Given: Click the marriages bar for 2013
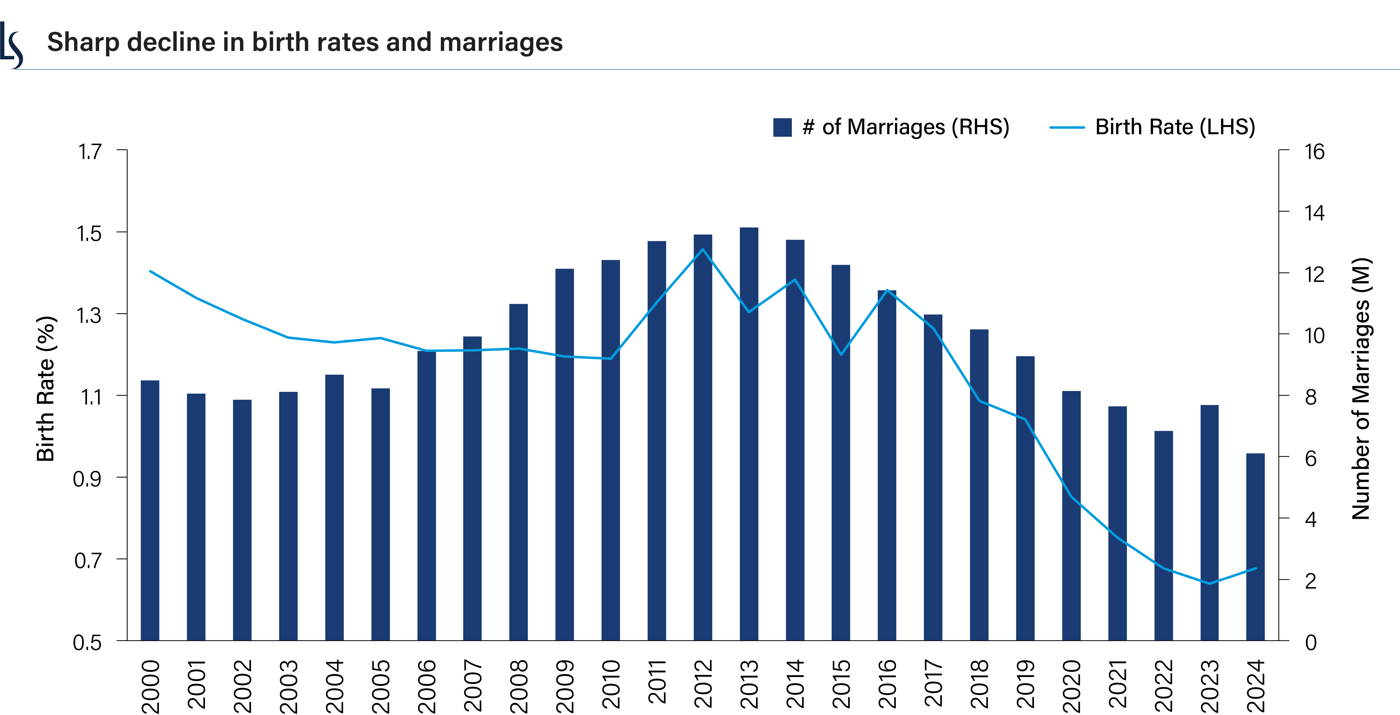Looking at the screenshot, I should pyautogui.click(x=749, y=435).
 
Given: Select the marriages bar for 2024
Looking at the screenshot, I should pyautogui.click(x=1255, y=547).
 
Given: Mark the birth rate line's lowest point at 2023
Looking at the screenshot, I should pyautogui.click(x=1209, y=583).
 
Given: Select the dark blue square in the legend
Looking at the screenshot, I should pyautogui.click(x=782, y=127).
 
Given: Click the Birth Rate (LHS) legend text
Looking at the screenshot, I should pyautogui.click(x=1175, y=127).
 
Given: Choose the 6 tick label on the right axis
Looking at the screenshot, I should pyautogui.click(x=1311, y=458).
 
